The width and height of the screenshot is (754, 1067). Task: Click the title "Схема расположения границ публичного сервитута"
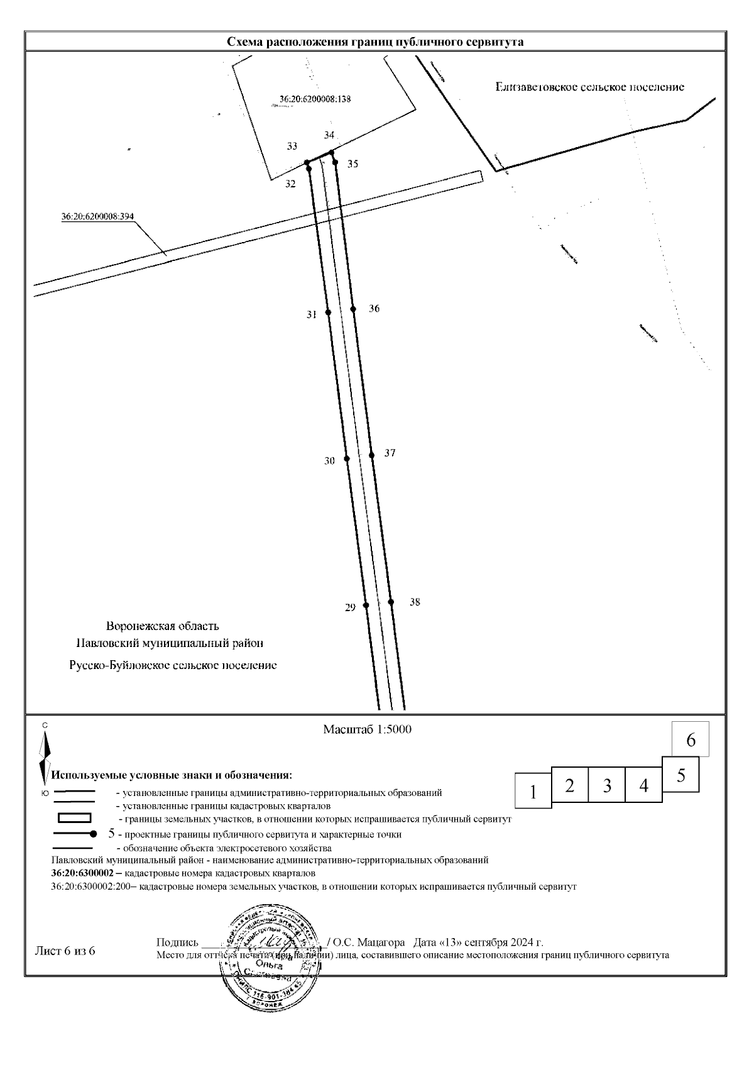point(375,41)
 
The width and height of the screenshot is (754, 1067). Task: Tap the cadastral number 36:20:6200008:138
point(315,99)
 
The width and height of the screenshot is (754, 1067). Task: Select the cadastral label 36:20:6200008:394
point(97,216)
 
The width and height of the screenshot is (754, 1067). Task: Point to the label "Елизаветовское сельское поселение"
point(589,87)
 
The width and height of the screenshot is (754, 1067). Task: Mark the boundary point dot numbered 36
point(353,309)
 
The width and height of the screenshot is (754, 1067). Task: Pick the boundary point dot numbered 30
point(347,459)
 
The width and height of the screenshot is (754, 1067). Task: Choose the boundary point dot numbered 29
point(366,605)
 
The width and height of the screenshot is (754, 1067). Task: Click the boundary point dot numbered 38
point(391,602)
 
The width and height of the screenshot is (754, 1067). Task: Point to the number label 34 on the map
point(330,135)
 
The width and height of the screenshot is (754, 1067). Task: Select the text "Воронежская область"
point(163,626)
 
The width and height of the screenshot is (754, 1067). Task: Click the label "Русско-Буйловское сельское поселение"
point(173,665)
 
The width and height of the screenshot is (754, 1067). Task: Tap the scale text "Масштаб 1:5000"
point(367,730)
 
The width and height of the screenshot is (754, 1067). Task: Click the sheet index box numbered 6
point(691,740)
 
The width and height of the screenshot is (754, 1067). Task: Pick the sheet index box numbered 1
point(533,791)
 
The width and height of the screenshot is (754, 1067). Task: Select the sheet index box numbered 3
point(607,785)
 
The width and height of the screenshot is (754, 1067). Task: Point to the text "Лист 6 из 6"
point(64,951)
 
